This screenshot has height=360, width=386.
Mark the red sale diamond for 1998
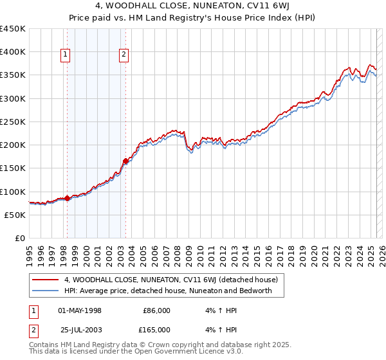(67, 198)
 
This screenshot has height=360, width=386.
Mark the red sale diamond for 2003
(126, 161)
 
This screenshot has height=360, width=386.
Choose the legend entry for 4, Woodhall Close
(170, 280)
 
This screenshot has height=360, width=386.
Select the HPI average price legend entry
(168, 291)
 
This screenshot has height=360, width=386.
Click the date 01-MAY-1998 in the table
(80, 310)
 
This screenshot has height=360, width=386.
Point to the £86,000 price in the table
(156, 310)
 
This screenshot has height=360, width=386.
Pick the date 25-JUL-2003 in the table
(80, 330)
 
